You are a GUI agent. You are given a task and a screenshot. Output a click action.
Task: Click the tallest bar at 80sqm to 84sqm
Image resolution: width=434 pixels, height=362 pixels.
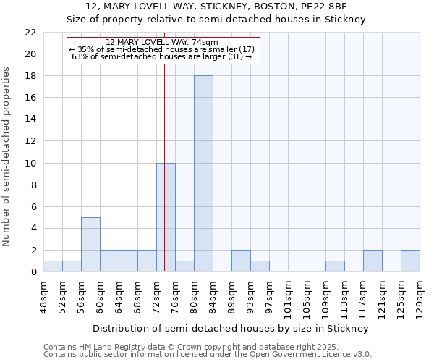click(203, 174)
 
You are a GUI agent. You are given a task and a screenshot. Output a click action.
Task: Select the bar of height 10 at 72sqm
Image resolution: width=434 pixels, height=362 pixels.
click(166, 217)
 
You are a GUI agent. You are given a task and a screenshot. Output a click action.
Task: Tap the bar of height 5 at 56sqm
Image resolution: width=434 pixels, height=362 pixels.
click(90, 245)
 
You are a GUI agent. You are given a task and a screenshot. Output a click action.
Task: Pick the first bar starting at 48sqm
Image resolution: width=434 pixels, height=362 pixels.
click(53, 266)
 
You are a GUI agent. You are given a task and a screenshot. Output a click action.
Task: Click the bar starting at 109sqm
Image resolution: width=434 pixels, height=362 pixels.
click(335, 266)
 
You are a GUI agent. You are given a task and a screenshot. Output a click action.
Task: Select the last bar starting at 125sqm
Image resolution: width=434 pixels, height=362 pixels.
click(410, 261)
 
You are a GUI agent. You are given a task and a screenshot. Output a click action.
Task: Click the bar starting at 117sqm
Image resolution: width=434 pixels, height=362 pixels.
click(373, 261)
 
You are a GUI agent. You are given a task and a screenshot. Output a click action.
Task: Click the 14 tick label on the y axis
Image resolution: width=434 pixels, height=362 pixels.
click(30, 119)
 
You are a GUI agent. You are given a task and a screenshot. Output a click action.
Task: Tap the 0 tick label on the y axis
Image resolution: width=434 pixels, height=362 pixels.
click(33, 272)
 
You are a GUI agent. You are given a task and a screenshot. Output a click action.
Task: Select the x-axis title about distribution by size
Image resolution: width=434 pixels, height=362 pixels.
click(231, 328)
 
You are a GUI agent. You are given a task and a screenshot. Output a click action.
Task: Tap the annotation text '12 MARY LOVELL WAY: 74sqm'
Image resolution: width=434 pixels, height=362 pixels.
click(161, 42)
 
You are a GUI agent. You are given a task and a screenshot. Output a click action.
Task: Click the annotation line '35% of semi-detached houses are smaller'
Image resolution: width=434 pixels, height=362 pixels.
click(161, 49)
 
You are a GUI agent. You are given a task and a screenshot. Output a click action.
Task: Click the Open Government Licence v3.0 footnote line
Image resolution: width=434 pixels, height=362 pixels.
click(208, 355)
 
